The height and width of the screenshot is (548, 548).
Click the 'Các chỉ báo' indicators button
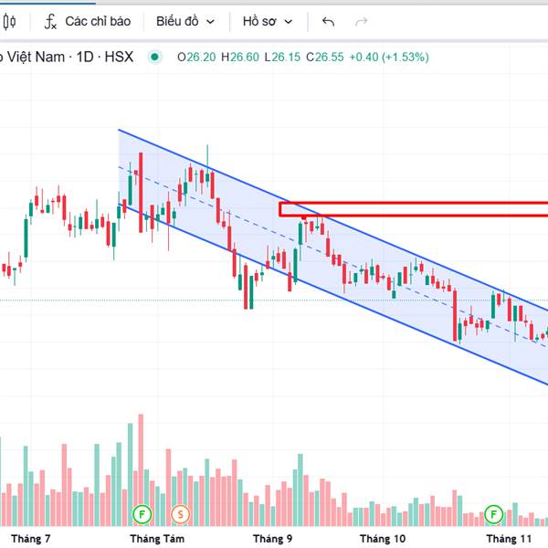coord(89,21)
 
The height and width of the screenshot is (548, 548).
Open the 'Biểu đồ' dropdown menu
coord(185,21)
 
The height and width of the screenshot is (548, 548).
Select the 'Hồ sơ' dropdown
coord(268,21)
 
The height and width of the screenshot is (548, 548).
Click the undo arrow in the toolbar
coord(329,21)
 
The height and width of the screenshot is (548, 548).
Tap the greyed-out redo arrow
coord(361,21)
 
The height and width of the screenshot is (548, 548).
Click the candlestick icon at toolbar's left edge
coord(8,21)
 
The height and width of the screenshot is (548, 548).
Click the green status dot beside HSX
coord(154,57)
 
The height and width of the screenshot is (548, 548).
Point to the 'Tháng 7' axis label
coord(31,539)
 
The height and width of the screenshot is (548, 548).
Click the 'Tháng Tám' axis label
coord(157,539)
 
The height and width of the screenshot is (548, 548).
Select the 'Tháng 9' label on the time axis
coord(273,539)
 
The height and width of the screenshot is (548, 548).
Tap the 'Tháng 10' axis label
coord(383,539)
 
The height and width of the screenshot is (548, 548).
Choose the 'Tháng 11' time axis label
coord(509,539)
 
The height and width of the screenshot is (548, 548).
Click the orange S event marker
coord(180,513)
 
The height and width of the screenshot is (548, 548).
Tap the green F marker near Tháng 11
coord(494,513)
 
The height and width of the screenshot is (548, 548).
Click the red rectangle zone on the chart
coord(411,209)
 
